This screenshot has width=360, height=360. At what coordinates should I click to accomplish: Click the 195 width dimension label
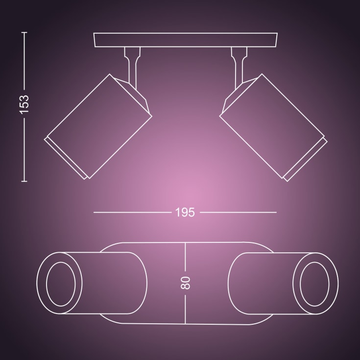185,212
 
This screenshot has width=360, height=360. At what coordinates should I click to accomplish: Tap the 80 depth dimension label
185,283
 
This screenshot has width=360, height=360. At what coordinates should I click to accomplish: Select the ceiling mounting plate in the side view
186,40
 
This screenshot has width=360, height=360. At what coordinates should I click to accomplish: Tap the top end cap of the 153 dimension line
24,33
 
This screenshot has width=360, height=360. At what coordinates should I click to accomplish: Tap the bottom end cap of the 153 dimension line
24,181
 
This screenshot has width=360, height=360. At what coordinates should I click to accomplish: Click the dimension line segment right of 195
239,212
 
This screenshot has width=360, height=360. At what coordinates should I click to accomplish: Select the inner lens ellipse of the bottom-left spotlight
60,283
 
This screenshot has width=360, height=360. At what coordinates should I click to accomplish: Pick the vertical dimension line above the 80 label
185,258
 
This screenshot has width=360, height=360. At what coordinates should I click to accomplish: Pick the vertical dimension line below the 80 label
185,309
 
